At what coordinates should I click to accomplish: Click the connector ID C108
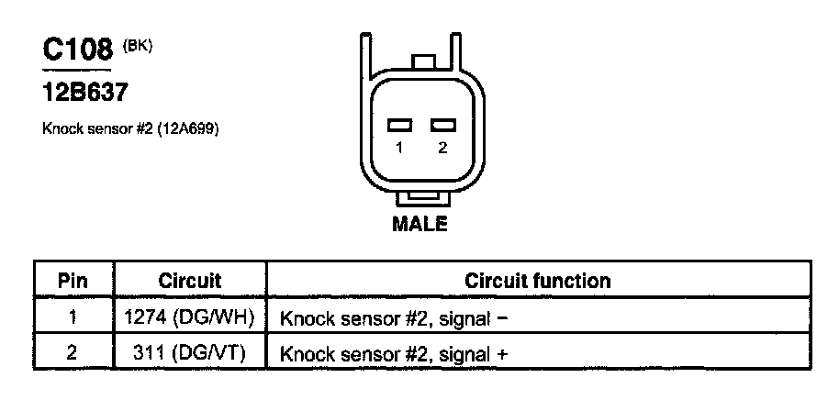pyautogui.click(x=78, y=50)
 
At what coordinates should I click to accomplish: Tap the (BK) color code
pyautogui.click(x=138, y=46)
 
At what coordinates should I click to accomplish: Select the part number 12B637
pyautogui.click(x=85, y=93)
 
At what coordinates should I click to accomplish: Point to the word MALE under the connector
pyautogui.click(x=419, y=224)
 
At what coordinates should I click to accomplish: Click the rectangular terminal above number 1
pyautogui.click(x=399, y=125)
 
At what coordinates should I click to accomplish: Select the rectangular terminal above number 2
pyautogui.click(x=443, y=125)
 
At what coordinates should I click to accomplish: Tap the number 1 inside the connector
pyautogui.click(x=399, y=148)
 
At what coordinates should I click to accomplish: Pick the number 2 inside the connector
pyautogui.click(x=442, y=148)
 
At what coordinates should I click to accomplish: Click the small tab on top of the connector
pyautogui.click(x=423, y=61)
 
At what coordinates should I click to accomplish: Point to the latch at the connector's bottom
pyautogui.click(x=423, y=199)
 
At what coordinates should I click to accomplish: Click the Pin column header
pyautogui.click(x=73, y=281)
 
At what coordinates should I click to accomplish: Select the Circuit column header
pyautogui.click(x=190, y=281)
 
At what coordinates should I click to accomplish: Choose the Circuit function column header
pyautogui.click(x=537, y=281)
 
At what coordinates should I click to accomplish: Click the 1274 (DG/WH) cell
pyautogui.click(x=188, y=318)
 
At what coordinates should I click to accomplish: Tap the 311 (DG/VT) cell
pyautogui.click(x=189, y=353)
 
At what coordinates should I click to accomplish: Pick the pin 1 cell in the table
pyautogui.click(x=73, y=317)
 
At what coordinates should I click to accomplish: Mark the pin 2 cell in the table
pyautogui.click(x=73, y=352)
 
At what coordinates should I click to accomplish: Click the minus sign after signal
pyautogui.click(x=502, y=319)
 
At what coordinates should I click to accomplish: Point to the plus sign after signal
pyautogui.click(x=502, y=354)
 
